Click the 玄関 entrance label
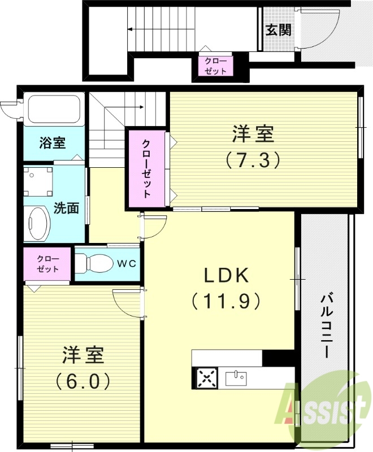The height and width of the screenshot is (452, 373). (x=279, y=30)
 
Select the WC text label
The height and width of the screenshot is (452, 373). (x=126, y=263)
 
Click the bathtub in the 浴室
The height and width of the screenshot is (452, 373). (x=54, y=110)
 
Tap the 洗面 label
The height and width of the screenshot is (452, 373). (x=66, y=207)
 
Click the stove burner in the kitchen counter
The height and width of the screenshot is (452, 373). (x=206, y=377)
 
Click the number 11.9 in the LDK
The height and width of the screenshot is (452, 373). (x=226, y=300)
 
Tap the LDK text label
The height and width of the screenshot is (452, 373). (x=226, y=276)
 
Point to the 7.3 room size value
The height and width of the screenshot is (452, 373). (x=253, y=161)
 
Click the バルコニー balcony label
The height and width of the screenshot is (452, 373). (x=326, y=325)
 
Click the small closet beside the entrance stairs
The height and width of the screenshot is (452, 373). (x=215, y=66)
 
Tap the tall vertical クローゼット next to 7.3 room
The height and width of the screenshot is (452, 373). (x=146, y=168)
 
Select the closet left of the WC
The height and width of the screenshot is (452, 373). (x=47, y=264)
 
